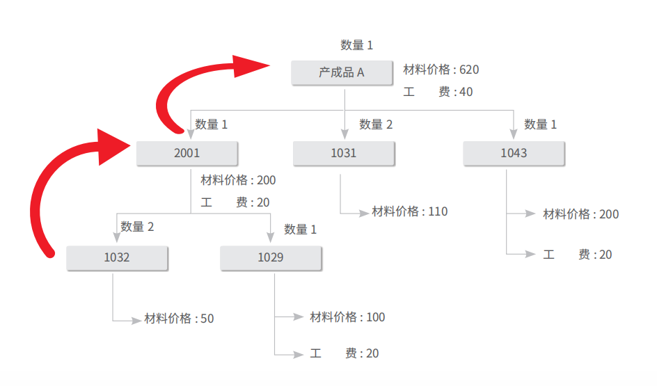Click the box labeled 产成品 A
(x=342, y=72)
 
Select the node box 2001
(x=187, y=153)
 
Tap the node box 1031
(x=343, y=153)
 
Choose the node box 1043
(x=514, y=153)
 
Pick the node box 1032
(x=117, y=257)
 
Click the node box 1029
(x=271, y=257)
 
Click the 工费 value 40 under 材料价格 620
(x=466, y=92)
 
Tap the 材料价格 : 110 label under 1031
(x=409, y=211)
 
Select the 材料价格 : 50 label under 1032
(x=179, y=319)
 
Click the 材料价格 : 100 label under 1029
(x=347, y=317)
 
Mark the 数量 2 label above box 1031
(x=376, y=124)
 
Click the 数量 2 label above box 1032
(x=137, y=227)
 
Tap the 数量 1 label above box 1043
(x=540, y=124)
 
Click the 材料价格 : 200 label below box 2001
(x=238, y=180)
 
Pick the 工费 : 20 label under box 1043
(x=578, y=255)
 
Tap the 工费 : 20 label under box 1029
(x=345, y=353)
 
